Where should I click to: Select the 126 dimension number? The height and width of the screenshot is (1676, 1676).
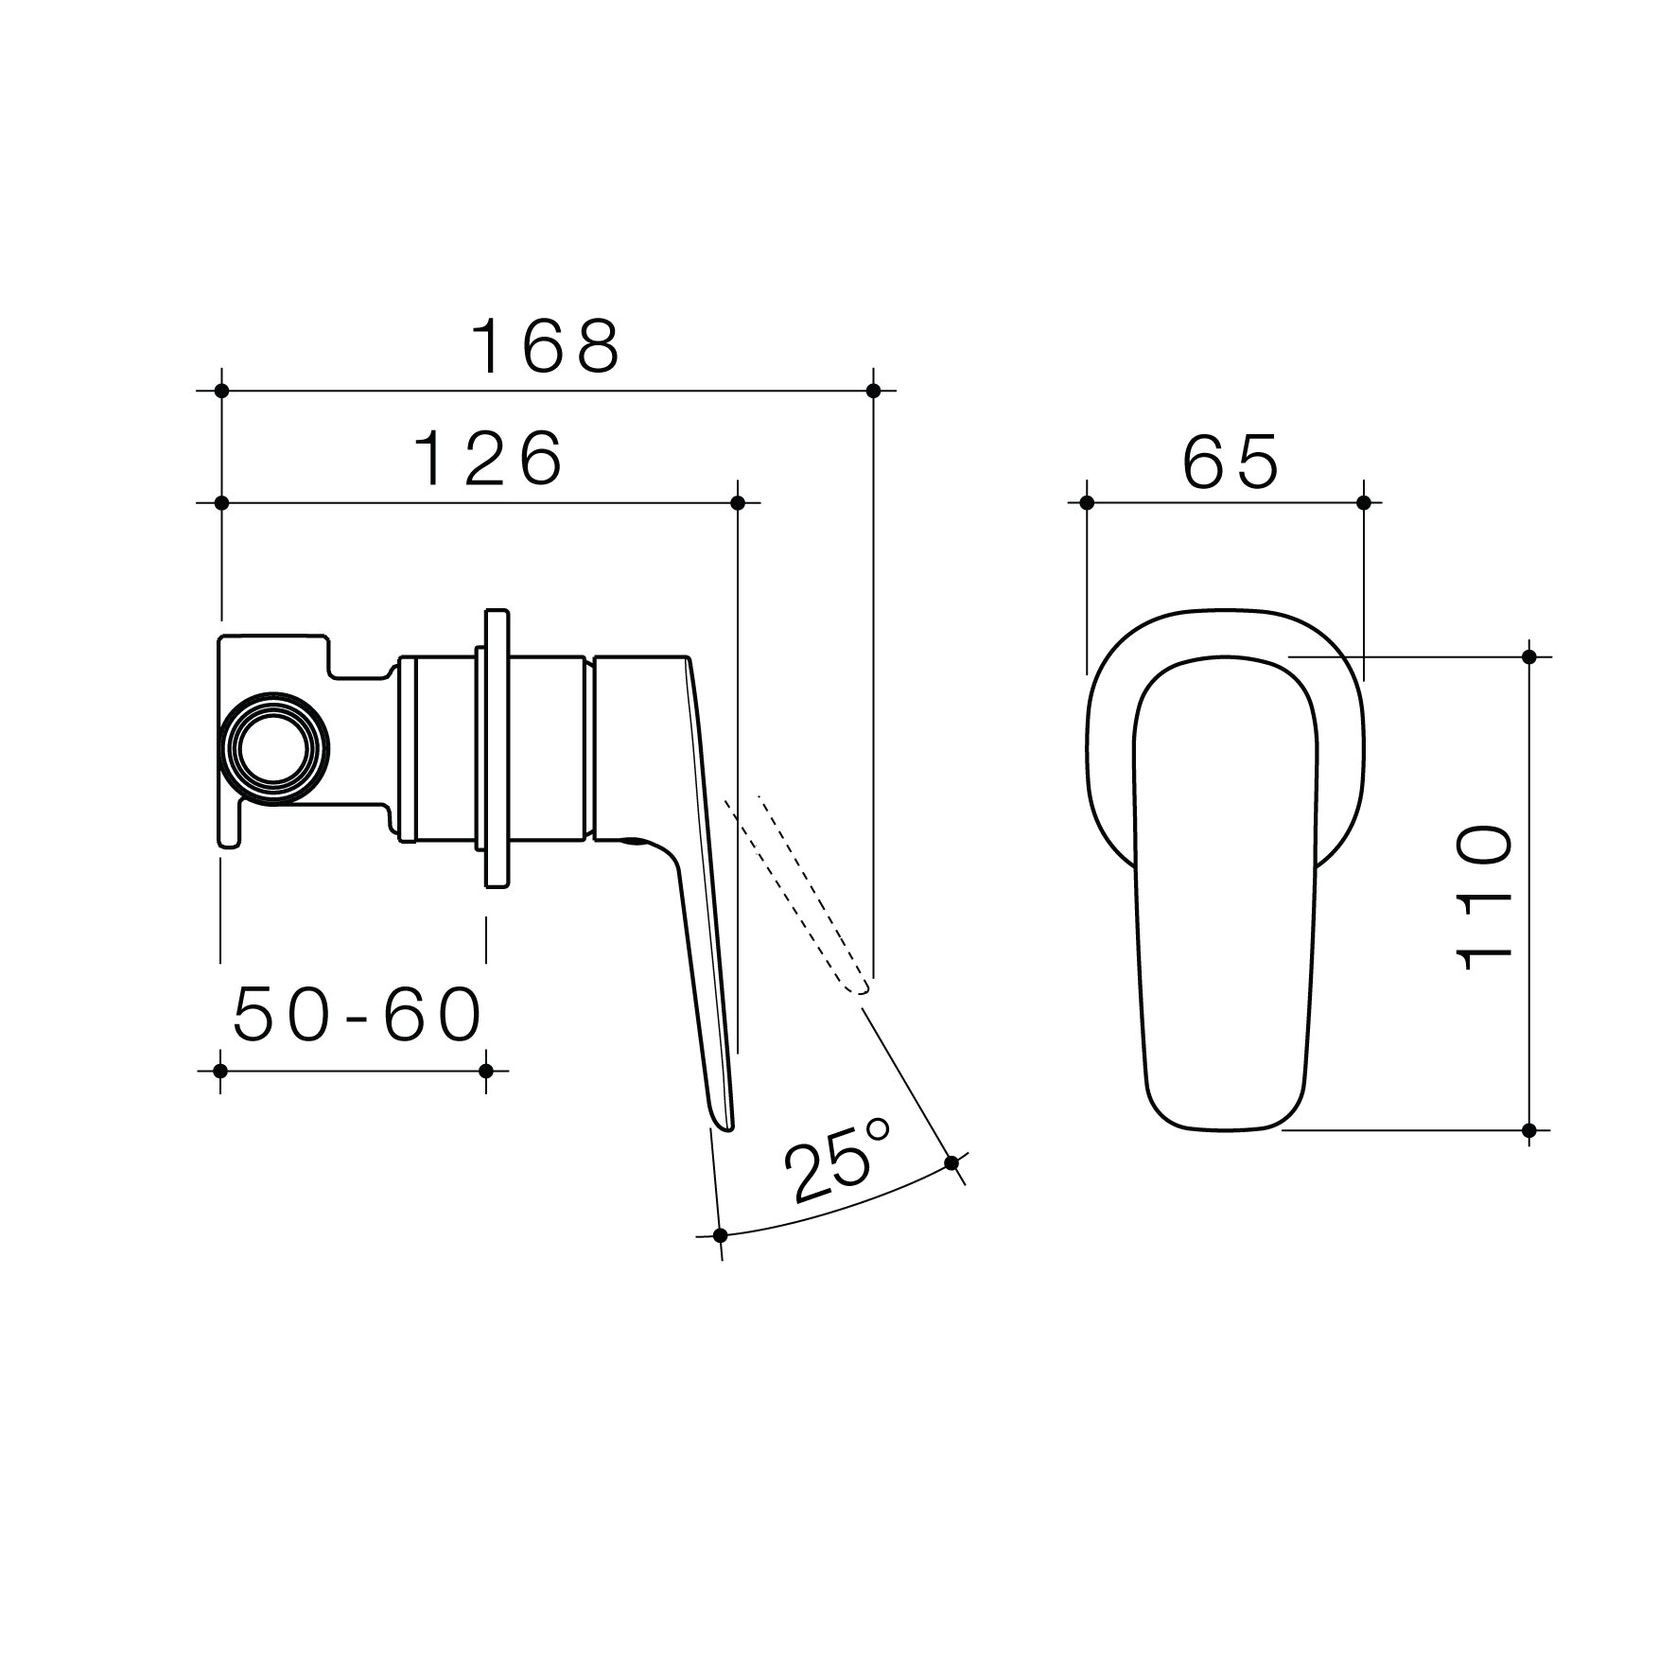489,459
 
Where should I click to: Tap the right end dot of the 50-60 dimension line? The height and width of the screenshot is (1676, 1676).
486,1070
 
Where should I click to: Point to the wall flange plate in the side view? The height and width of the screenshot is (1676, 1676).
495,747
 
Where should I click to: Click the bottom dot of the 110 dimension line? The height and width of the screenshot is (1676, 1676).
1528,1130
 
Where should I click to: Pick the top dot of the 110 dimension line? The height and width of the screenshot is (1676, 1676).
1528,656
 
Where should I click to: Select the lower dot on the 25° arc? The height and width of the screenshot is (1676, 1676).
719,1236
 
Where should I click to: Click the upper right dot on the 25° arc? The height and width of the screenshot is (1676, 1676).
951,1162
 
